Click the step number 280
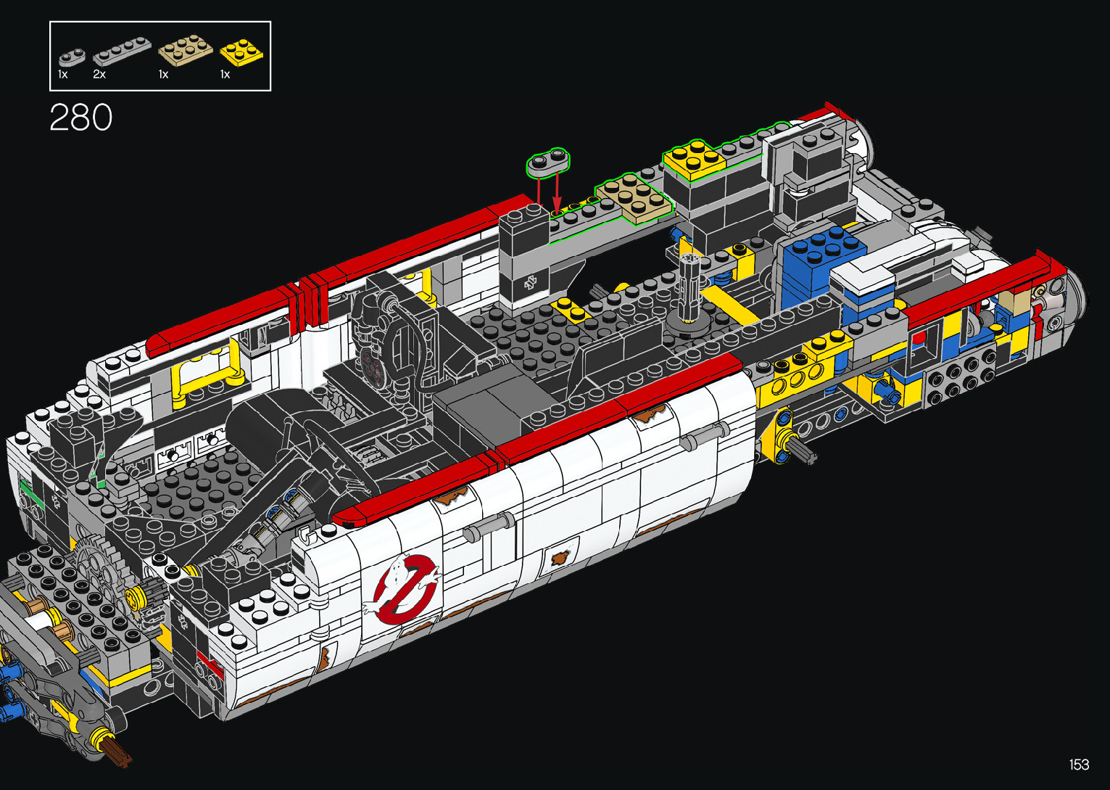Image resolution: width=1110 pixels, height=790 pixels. click(x=80, y=118)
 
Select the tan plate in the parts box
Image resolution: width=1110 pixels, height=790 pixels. click(x=186, y=49)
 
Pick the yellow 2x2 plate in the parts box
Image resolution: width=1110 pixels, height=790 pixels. click(x=242, y=52)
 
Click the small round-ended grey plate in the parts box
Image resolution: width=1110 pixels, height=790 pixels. click(x=71, y=57)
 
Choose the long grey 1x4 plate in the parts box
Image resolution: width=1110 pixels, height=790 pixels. click(x=122, y=51)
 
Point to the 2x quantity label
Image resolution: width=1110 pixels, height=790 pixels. click(x=99, y=75)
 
